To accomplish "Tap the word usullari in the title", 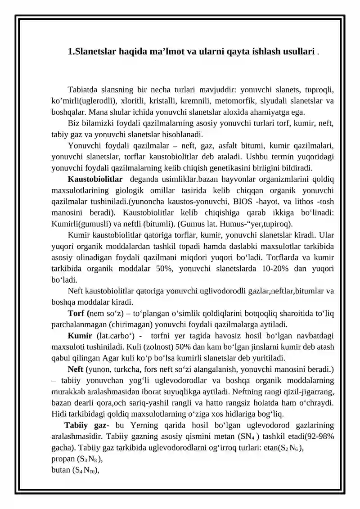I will tap(296, 52).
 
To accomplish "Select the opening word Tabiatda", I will tap(82, 89).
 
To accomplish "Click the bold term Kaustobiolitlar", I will tap(95, 179).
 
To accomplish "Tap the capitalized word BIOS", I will tap(234, 201).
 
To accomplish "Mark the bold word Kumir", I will tap(80, 336).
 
